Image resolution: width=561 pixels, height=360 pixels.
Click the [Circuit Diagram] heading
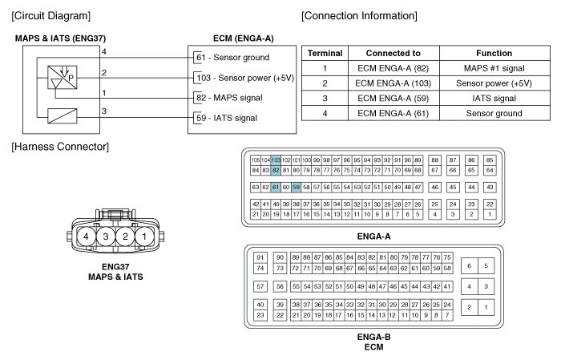(50, 15)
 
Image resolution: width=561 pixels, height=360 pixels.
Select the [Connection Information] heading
(360, 15)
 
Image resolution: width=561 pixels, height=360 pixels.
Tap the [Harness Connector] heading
(60, 146)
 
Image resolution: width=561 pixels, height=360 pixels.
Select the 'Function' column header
(494, 53)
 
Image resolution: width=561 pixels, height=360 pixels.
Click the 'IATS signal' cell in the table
(494, 99)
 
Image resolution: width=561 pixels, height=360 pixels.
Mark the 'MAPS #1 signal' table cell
(494, 68)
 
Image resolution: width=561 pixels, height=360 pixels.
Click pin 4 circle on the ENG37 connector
(83, 238)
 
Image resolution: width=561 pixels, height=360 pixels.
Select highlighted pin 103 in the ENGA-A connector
(276, 160)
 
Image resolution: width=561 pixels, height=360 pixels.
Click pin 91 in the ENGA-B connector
(260, 257)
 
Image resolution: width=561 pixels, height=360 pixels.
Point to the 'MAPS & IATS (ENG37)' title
(60, 37)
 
